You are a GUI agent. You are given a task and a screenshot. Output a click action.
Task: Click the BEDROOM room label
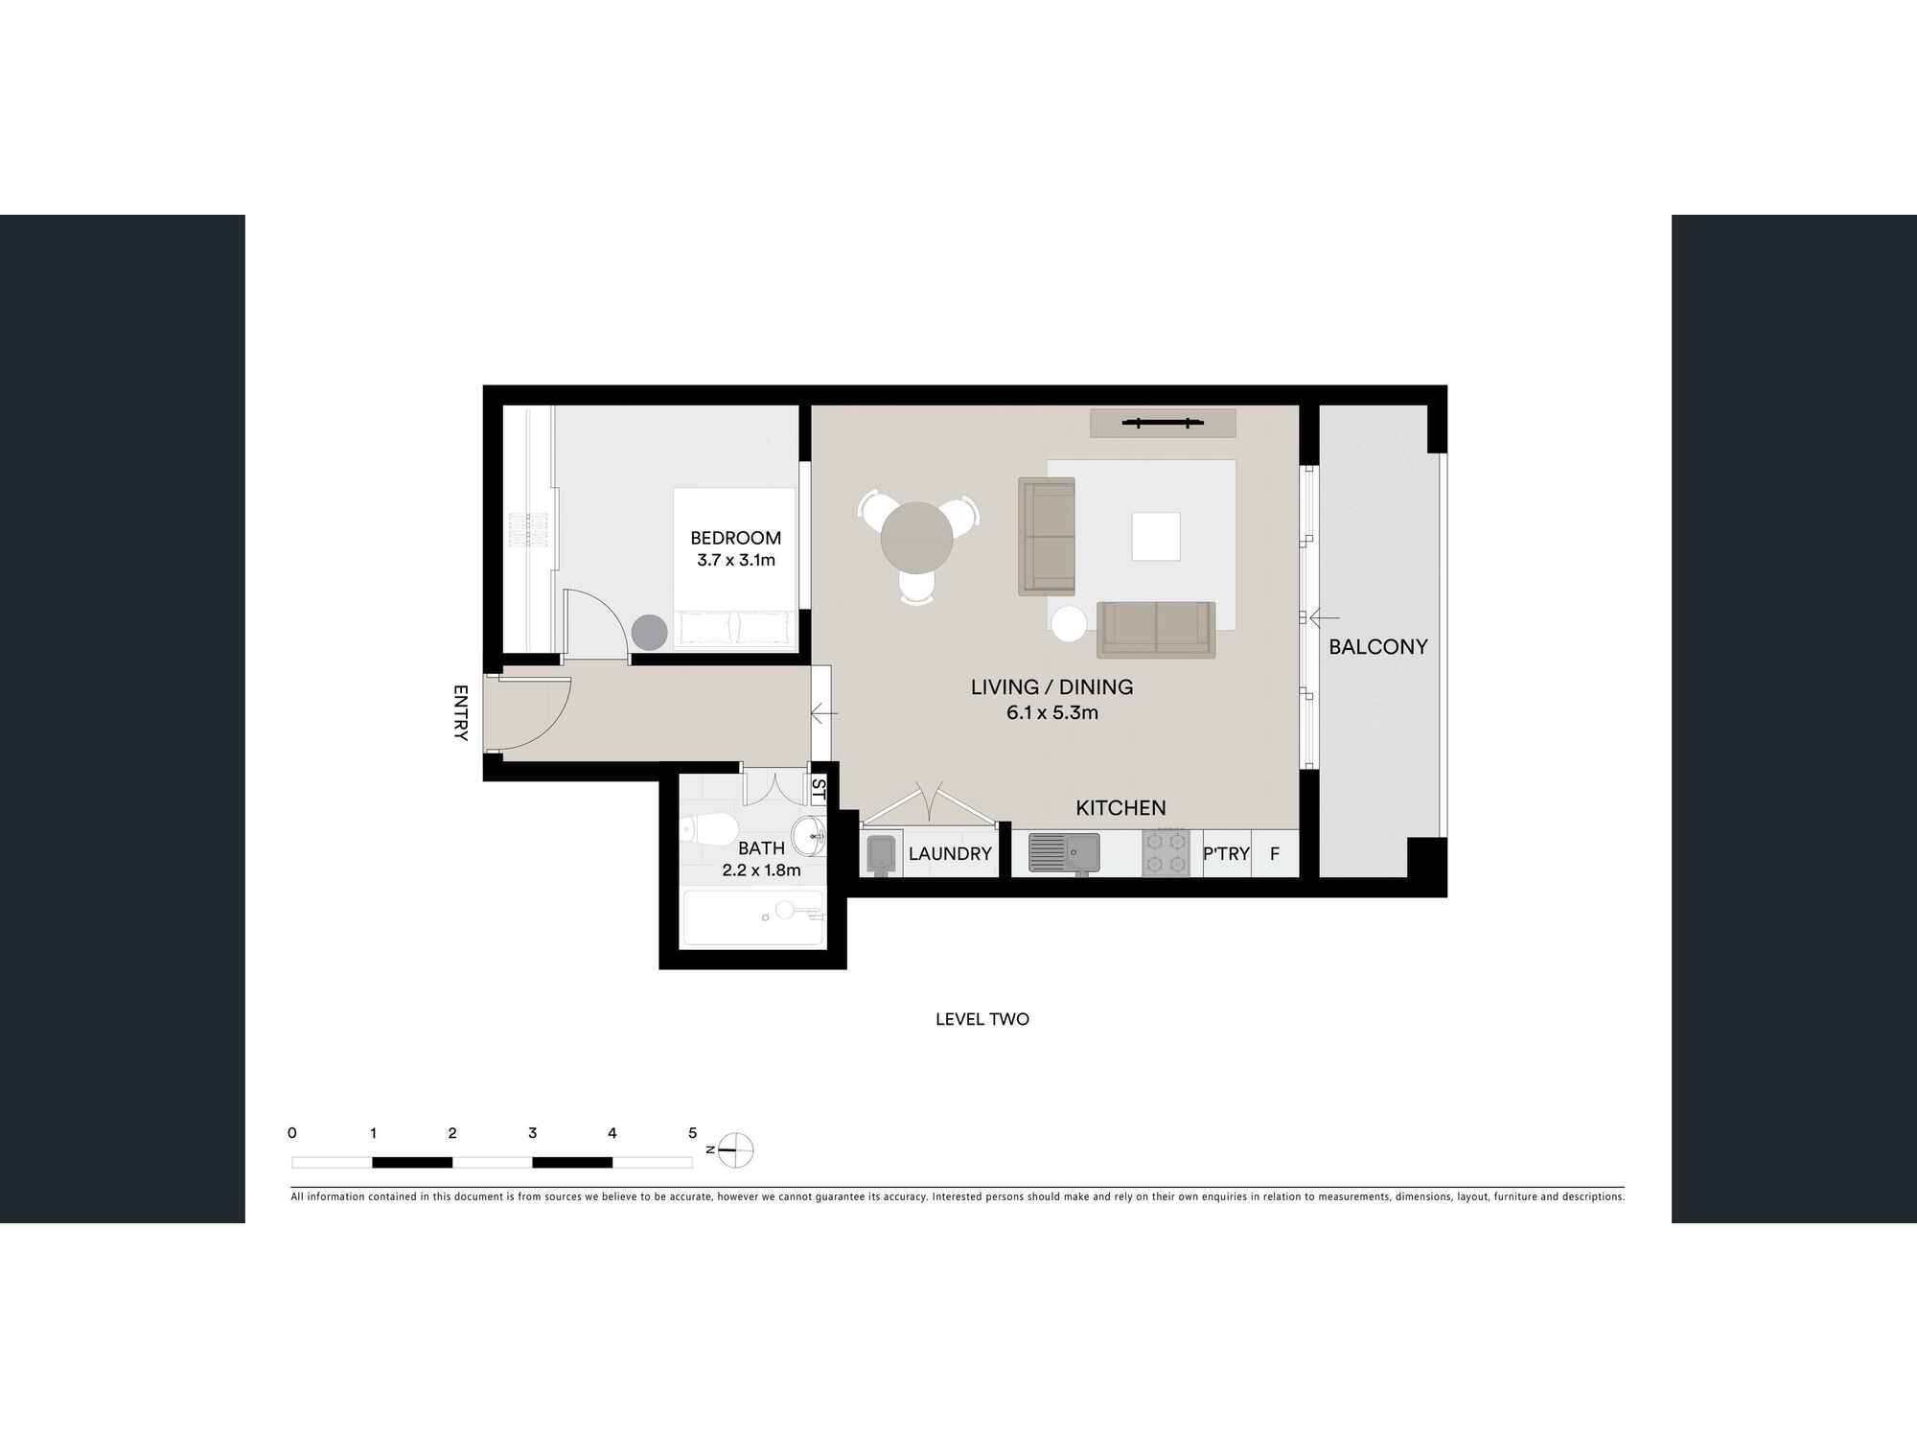(736, 538)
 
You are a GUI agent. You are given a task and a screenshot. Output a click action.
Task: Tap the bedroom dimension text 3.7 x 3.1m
(736, 560)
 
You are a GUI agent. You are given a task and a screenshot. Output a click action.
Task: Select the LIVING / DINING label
(1051, 686)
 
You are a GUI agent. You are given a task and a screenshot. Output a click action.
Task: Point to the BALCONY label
(1378, 647)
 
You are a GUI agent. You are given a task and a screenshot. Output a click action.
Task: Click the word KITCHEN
(1120, 808)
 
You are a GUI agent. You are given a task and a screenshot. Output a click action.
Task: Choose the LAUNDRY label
(950, 853)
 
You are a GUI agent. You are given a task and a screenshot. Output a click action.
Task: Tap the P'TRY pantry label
(1226, 853)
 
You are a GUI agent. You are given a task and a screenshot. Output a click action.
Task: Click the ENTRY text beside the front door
(460, 712)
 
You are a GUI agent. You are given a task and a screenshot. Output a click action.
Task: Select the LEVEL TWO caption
(982, 1019)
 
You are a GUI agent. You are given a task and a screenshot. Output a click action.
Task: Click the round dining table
(916, 538)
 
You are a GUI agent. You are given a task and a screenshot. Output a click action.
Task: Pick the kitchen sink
(1064, 852)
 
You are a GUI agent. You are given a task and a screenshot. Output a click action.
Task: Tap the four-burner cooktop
(1166, 852)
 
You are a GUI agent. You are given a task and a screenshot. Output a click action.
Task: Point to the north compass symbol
(734, 1149)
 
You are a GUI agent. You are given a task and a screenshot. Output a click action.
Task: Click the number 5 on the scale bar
(692, 1133)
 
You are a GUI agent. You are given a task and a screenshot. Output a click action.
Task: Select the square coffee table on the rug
(1156, 536)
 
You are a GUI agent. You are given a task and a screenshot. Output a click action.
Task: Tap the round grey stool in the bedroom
(649, 633)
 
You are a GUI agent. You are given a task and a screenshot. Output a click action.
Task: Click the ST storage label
(819, 789)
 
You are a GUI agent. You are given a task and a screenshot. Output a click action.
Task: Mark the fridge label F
(1275, 853)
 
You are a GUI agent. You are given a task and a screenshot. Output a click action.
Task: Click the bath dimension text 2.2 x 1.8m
(761, 870)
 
